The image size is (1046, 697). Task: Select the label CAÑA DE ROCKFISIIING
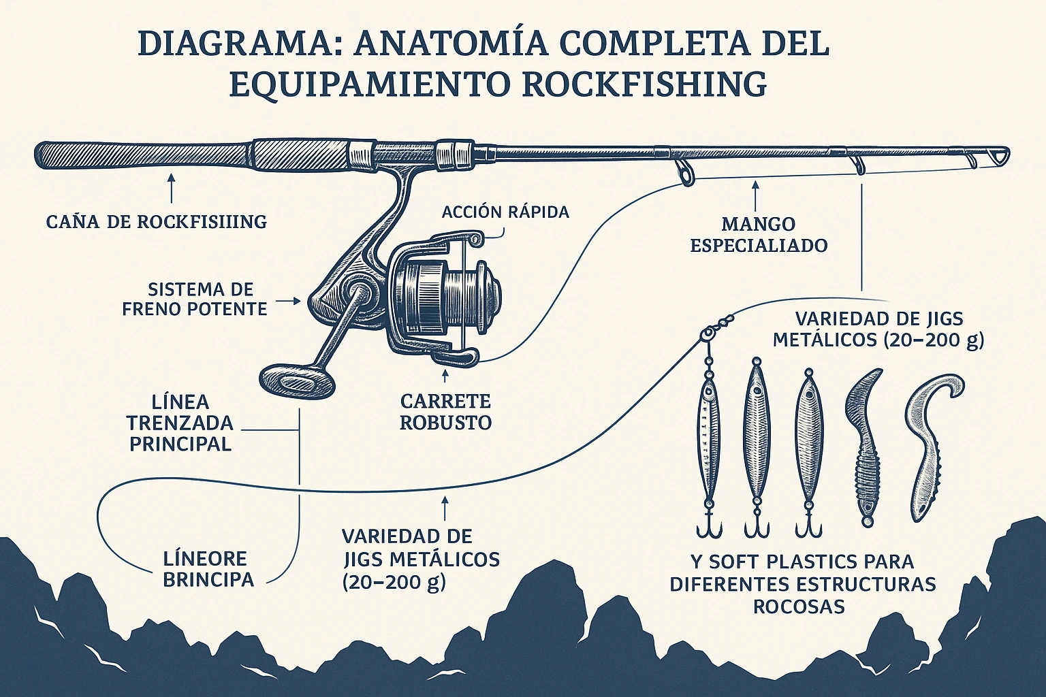point(156,221)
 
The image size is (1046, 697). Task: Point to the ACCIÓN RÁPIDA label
point(505,212)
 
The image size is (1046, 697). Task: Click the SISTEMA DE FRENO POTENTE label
point(195,298)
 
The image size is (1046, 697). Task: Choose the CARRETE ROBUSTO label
point(445,411)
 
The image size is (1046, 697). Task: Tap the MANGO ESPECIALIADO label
point(759,234)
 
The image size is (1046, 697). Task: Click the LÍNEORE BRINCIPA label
point(208,569)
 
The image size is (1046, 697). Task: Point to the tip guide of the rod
point(1000,157)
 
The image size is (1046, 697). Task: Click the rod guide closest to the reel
point(684,172)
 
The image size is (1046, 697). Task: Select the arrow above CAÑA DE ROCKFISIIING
point(171,187)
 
